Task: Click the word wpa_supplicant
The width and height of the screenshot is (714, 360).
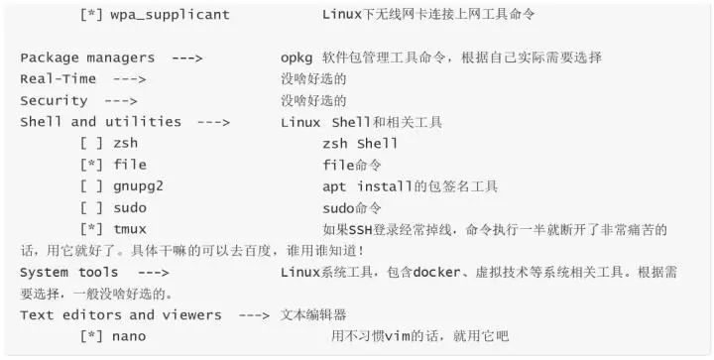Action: [170, 15]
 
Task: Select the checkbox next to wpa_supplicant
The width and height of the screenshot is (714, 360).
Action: [91, 15]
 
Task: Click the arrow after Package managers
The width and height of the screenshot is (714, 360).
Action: [187, 59]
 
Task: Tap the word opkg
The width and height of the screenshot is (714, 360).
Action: [297, 59]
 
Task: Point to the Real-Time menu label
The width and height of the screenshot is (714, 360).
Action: [59, 78]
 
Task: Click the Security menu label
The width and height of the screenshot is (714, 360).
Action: [54, 100]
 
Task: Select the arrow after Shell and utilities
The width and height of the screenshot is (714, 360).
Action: [213, 122]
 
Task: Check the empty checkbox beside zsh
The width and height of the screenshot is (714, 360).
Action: [91, 144]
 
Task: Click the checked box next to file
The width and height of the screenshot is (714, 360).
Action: [91, 165]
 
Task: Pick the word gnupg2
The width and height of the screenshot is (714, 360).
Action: [138, 186]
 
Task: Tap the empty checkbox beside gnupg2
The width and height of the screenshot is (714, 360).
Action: [91, 186]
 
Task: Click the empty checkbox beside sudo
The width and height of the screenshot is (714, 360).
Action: [91, 207]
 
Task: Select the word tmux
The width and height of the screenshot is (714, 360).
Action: [130, 229]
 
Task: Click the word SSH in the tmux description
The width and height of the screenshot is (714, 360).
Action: [361, 230]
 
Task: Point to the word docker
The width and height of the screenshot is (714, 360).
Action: [436, 272]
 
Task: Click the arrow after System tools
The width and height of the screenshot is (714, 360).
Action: [154, 273]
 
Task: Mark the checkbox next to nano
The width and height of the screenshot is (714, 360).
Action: [91, 336]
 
